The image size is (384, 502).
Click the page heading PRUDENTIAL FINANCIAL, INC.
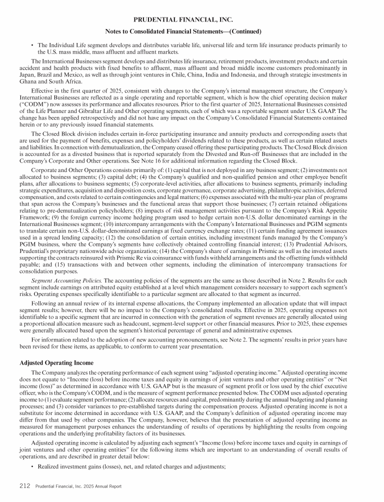183,19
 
